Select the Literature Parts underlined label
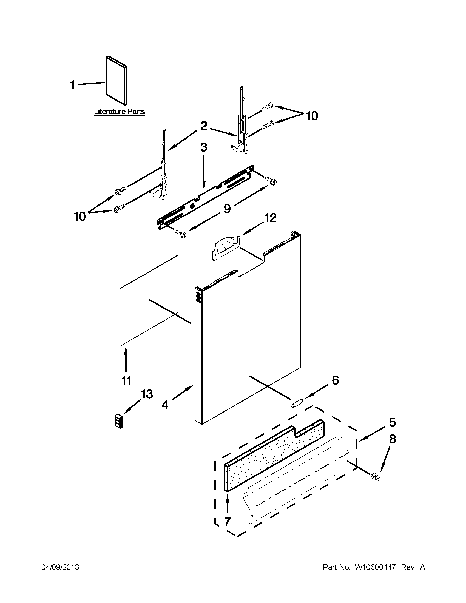119,112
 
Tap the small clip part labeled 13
119,421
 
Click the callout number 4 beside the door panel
165,405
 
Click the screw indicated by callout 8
376,476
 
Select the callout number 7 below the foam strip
227,521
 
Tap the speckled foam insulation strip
273,453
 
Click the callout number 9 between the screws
227,209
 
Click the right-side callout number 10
312,116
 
